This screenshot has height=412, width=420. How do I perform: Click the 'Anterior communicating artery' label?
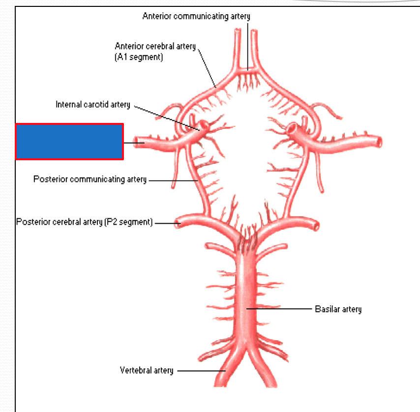click(x=196, y=16)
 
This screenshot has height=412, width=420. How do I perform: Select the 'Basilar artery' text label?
click(x=338, y=309)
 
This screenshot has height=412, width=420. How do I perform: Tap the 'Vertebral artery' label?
click(x=147, y=370)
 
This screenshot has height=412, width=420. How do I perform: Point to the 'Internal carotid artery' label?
click(x=93, y=104)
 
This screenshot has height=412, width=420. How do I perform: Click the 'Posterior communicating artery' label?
click(x=90, y=179)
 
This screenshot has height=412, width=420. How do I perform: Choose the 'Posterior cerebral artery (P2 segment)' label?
click(x=84, y=222)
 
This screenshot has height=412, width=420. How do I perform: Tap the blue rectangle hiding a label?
click(x=69, y=142)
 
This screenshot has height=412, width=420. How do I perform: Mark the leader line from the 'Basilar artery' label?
click(x=280, y=309)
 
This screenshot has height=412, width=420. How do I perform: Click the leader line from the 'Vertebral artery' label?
click(x=199, y=371)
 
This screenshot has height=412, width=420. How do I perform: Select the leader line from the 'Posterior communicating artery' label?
click(x=172, y=180)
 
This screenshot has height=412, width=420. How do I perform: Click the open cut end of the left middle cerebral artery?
click(x=140, y=143)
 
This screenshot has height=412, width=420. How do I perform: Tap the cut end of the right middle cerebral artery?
click(x=379, y=142)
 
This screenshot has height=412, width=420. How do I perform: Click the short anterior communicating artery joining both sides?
click(x=247, y=70)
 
